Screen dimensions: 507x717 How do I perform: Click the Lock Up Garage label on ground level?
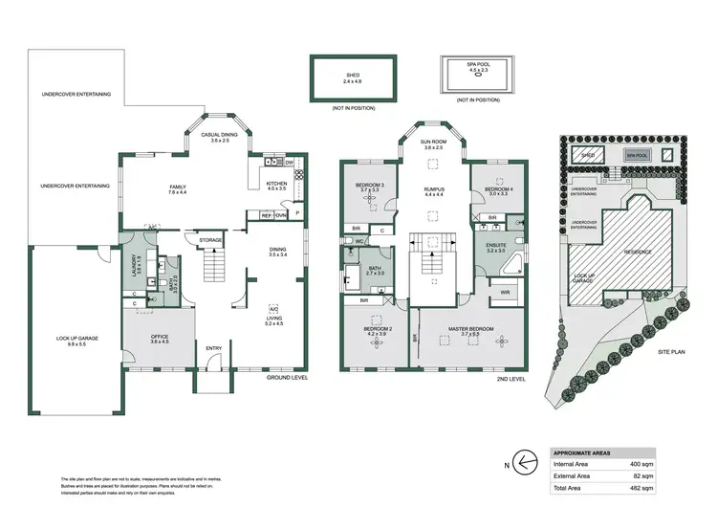[76, 338]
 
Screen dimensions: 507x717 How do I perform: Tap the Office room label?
[159, 338]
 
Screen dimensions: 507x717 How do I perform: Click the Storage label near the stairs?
[210, 240]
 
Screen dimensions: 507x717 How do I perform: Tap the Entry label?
[213, 361]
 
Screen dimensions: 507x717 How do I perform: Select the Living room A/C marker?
[272, 310]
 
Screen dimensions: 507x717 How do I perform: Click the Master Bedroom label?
[470, 330]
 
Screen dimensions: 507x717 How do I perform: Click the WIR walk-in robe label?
[504, 293]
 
